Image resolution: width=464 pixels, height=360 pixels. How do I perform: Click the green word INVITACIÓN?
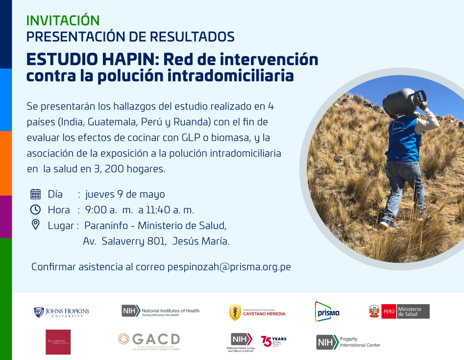point(63,20)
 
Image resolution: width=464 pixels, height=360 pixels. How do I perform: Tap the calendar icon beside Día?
point(36,194)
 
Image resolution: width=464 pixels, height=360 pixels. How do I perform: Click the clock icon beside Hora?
point(36,209)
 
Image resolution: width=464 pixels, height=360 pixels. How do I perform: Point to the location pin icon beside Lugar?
point(36,225)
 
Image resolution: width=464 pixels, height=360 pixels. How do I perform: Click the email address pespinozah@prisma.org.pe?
point(229,267)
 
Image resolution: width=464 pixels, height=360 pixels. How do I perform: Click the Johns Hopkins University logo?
point(61,311)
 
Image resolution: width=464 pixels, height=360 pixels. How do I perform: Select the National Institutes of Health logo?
point(160,311)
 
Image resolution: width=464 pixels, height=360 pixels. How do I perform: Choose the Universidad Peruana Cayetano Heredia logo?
point(257,312)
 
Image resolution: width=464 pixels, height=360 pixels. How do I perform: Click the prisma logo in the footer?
point(327,311)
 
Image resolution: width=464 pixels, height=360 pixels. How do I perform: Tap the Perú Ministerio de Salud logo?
point(399,311)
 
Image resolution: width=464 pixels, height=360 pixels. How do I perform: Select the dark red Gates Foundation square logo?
point(58,342)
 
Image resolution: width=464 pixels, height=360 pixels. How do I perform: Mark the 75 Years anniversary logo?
point(273,341)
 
